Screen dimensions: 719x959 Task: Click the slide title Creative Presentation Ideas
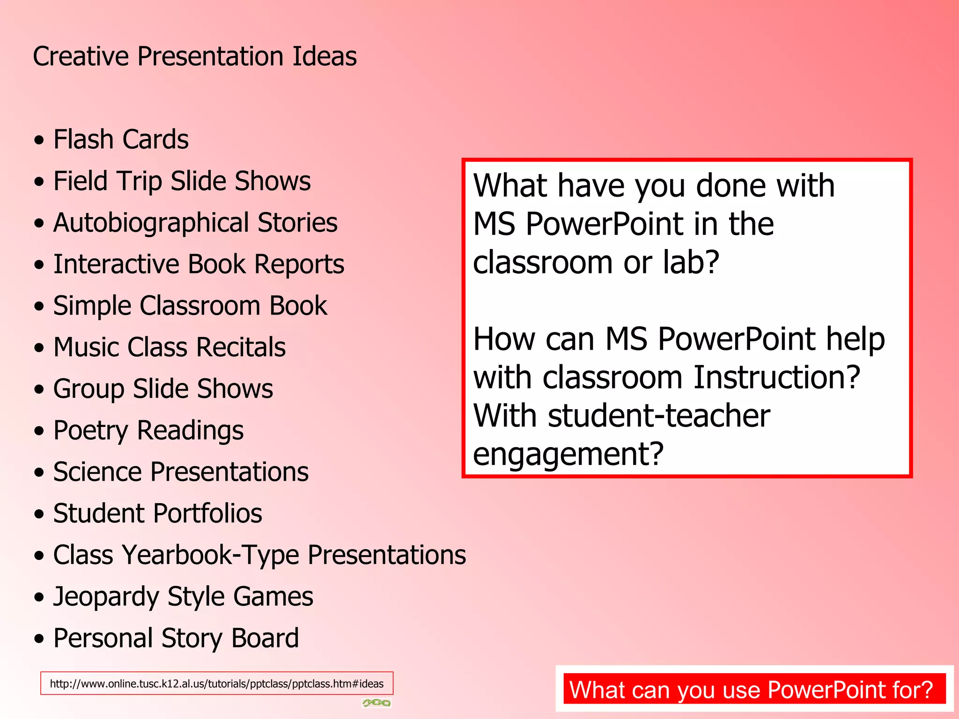click(x=194, y=57)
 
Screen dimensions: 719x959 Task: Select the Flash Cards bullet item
click(x=121, y=139)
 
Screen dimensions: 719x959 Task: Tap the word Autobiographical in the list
click(x=151, y=223)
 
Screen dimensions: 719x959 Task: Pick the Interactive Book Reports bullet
click(x=199, y=264)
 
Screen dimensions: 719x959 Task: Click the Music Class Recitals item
click(x=169, y=347)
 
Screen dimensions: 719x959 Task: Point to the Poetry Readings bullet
click(x=148, y=431)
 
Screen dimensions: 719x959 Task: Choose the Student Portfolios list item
click(x=157, y=514)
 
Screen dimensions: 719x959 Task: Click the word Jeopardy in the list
click(x=106, y=597)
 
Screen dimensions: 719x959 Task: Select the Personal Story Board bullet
click(x=176, y=638)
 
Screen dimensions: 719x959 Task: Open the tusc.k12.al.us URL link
click(x=216, y=683)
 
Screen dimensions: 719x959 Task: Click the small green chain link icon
click(x=376, y=703)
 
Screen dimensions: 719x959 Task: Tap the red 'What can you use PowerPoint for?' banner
click(x=754, y=690)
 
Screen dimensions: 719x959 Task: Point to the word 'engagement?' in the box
click(x=568, y=454)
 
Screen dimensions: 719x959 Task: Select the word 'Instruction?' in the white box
click(x=776, y=377)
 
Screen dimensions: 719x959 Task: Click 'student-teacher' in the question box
click(x=658, y=416)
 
